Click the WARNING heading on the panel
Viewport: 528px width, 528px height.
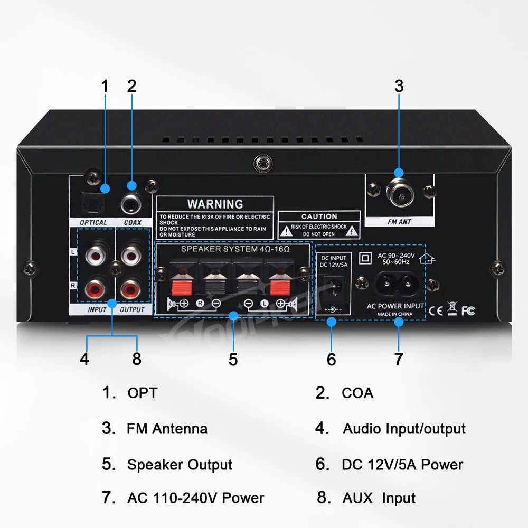coord(215,204)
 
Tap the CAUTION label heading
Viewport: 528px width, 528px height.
coord(319,216)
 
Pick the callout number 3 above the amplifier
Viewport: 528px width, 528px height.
coord(399,86)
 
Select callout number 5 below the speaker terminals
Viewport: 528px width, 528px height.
coord(233,359)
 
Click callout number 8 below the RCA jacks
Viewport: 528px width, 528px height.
coord(137,359)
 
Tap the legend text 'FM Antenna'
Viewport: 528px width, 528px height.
coord(167,428)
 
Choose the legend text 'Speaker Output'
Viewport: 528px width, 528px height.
coord(180,465)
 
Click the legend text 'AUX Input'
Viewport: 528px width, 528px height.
coord(379,498)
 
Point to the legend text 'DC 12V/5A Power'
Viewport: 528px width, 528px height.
coord(402,465)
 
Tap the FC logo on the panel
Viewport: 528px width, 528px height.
coord(468,311)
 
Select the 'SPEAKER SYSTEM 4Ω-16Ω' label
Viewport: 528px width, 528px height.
coord(235,248)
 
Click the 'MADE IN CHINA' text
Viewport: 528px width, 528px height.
coord(395,314)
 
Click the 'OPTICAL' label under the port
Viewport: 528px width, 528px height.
coord(93,223)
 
